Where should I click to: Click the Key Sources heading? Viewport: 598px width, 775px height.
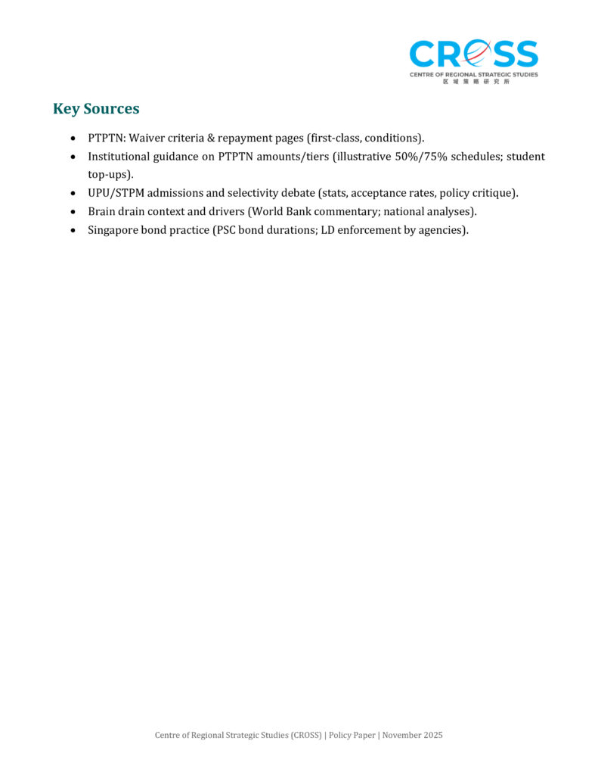[96, 108]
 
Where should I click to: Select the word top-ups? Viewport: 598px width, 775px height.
[109, 174]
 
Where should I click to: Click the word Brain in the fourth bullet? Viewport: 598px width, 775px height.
[103, 211]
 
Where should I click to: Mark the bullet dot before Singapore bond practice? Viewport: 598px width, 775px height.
[72, 230]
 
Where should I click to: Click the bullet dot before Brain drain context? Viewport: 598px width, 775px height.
[72, 212]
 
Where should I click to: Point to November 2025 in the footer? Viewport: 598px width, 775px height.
[412, 736]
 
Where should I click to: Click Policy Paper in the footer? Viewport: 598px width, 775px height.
[352, 736]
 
